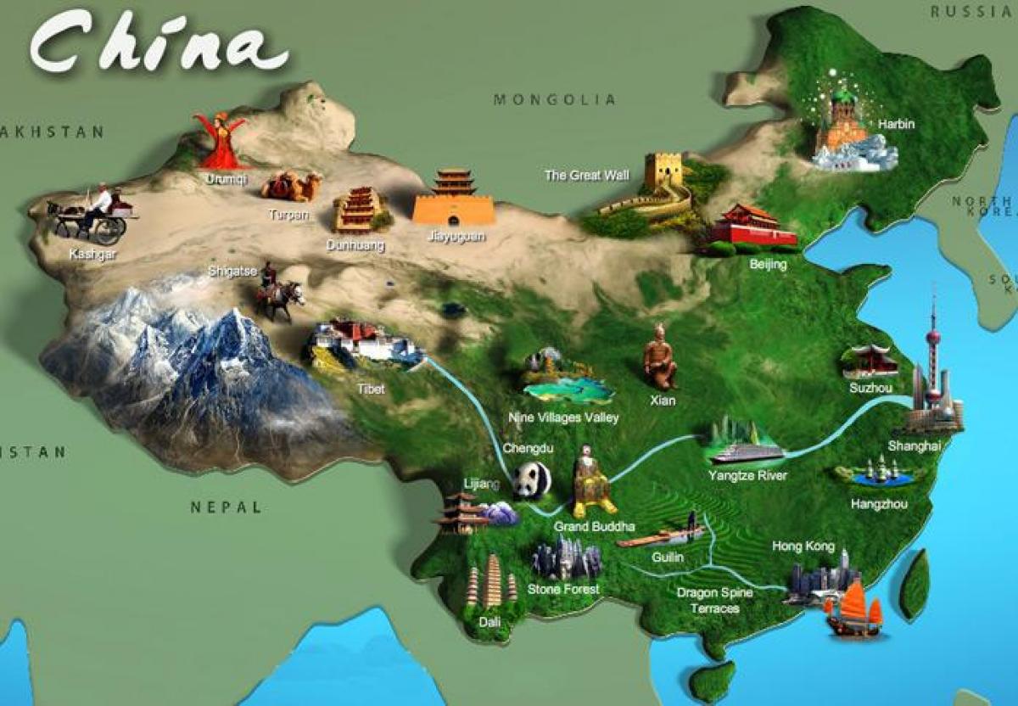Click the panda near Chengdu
point(531,480)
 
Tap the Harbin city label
point(896,124)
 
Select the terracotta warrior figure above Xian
point(659,357)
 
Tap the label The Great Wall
point(587,176)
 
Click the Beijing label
point(769,264)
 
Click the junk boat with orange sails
point(853,608)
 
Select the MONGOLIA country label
point(555,100)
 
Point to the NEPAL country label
point(226,507)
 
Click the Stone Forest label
point(563,588)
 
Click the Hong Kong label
point(803,546)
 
